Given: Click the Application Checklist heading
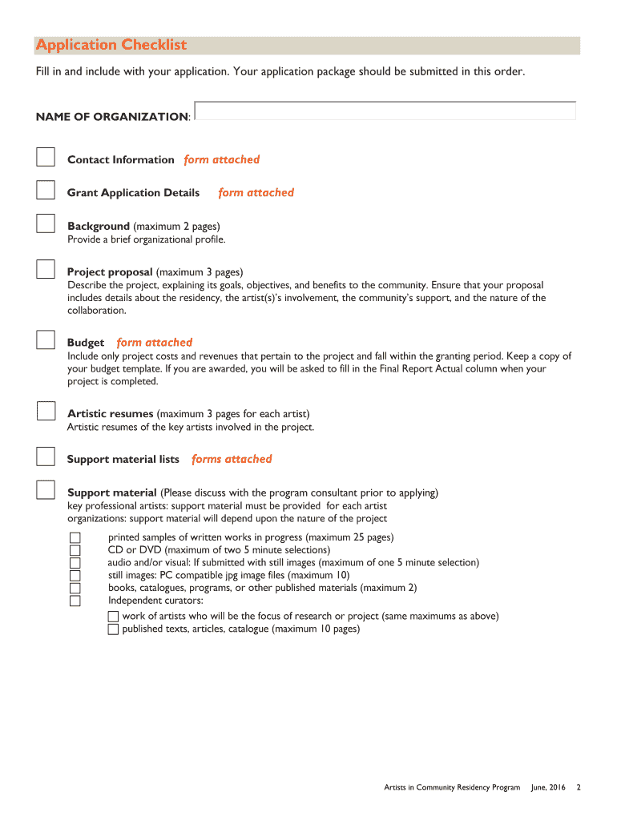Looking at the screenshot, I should tap(111, 45).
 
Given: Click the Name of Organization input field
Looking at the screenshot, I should tap(385, 111).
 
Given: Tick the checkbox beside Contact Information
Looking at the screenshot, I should tap(46, 157).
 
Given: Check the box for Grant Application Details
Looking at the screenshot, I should tap(46, 190).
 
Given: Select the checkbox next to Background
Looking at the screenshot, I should tap(46, 223).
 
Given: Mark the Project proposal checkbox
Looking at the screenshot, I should tap(46, 269).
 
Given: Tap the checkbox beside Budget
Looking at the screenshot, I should tap(46, 340).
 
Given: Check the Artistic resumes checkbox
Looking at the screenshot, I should tap(46, 411).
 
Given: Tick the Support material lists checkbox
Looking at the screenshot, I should tap(46, 456).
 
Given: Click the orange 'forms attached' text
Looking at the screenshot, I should tap(232, 459).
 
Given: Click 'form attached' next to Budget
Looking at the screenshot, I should tap(155, 342).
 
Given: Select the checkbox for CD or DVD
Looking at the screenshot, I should tap(75, 550).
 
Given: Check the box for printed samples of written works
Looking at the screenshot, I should tap(75, 537).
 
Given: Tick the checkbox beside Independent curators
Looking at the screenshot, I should tap(75, 601).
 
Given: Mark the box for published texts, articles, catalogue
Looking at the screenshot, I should tap(113, 629).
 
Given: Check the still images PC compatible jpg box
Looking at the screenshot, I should tap(75, 575).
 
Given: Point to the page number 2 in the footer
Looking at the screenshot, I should tap(578, 788).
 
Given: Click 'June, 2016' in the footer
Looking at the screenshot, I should tap(548, 788).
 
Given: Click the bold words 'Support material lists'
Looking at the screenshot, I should tap(123, 459).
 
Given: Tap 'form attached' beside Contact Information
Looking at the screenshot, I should tap(222, 159).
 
